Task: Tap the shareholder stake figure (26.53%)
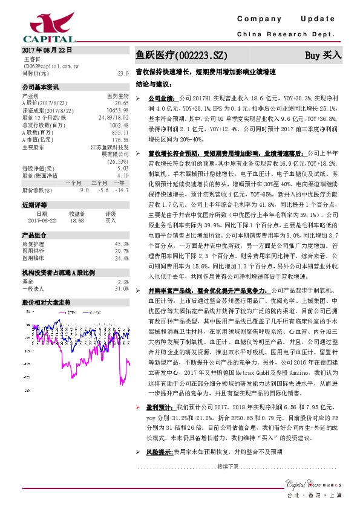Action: click(x=118, y=162)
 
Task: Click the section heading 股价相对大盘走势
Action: click(x=47, y=301)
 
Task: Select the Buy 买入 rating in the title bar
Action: click(x=323, y=55)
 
